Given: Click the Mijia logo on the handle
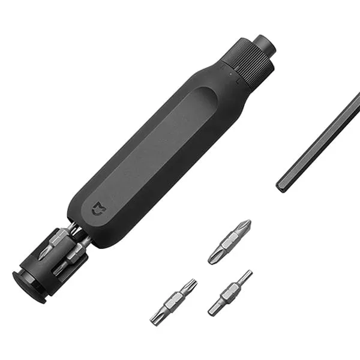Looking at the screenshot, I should tap(96, 211).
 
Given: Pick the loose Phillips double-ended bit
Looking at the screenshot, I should tap(229, 242).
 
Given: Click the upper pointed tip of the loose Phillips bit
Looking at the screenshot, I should tap(246, 224).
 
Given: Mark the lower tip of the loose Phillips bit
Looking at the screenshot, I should tap(212, 259).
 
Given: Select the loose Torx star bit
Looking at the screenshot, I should tap(173, 302).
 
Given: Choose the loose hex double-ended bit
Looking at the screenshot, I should tap(230, 292).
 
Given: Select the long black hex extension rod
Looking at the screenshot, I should tap(318, 144).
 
